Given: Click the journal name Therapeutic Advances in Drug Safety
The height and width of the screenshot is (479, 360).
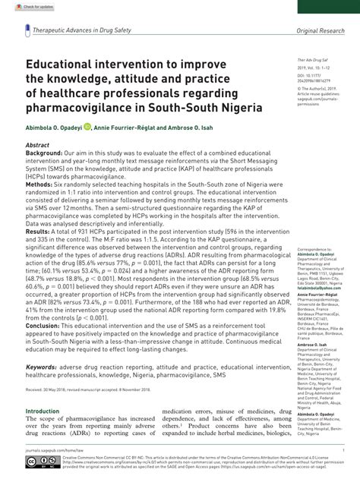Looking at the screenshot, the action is [81, 30].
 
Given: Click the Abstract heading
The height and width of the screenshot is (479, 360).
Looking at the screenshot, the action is [37, 143].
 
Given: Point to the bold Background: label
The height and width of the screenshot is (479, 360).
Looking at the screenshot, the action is [45, 152].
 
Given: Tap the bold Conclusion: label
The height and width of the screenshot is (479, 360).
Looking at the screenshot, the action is [44, 323].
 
